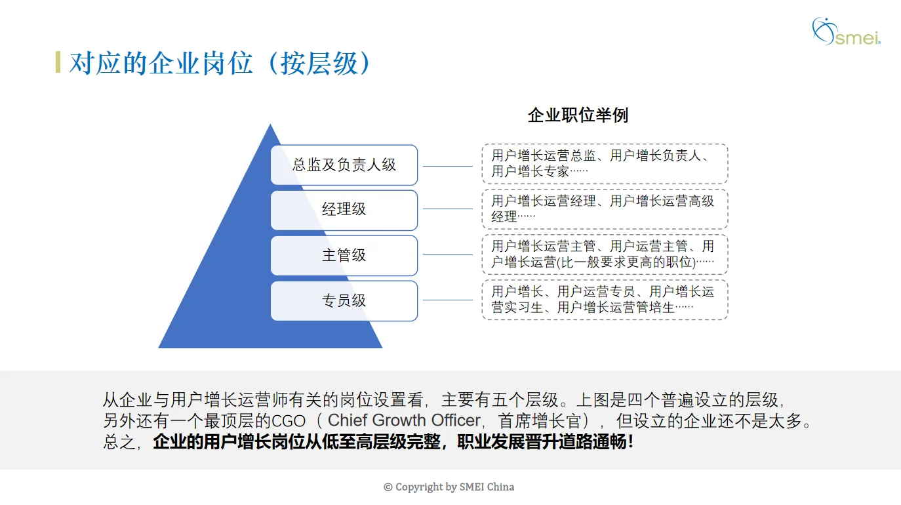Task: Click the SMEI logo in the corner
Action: [x=845, y=31]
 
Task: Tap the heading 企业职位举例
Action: [x=578, y=115]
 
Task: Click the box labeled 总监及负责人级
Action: [x=344, y=165]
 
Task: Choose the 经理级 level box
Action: [x=344, y=210]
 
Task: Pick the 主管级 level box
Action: [x=344, y=255]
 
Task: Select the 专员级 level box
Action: [x=344, y=300]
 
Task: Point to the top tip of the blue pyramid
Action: [x=270, y=126]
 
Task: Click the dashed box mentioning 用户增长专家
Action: [x=604, y=164]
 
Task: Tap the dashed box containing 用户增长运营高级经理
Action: [x=604, y=209]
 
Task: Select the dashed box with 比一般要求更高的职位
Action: [x=604, y=254]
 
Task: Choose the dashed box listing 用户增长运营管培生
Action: [x=604, y=300]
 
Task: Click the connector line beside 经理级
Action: [x=448, y=209]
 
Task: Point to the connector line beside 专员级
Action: [x=448, y=300]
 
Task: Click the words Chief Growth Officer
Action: [x=403, y=420]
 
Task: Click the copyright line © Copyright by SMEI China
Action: [x=449, y=487]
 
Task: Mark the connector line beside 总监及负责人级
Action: [x=448, y=166]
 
